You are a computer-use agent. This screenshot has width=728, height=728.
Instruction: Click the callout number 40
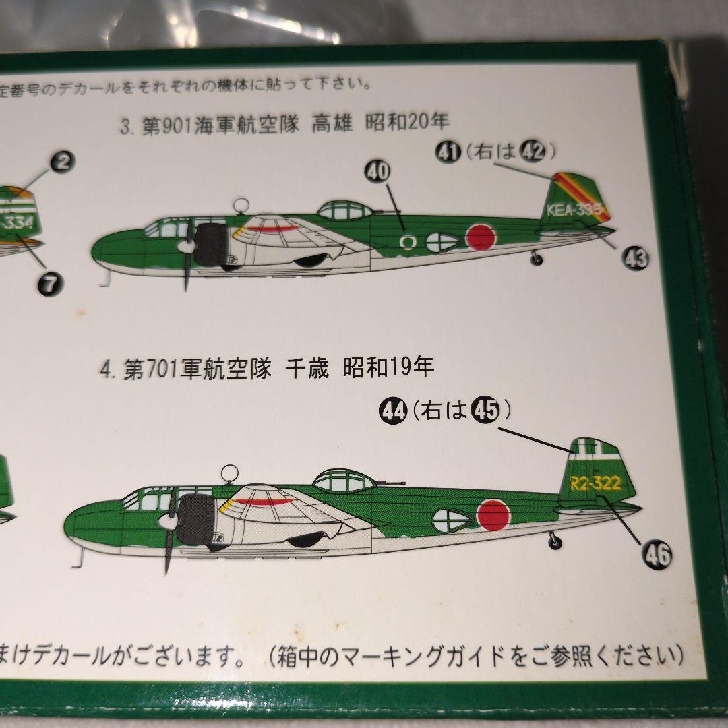coord(377,172)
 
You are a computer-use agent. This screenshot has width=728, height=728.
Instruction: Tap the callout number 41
coord(444,152)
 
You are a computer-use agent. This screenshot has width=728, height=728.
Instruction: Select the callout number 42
coord(533,152)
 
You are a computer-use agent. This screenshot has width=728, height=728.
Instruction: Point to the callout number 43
coord(635,257)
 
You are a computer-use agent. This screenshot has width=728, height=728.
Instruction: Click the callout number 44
coord(393,410)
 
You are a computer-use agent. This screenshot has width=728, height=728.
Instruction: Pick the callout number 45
coord(483,410)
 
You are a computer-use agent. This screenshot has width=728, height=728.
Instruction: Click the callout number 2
coord(63,162)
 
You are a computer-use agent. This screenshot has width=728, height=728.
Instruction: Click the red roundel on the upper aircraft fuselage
coord(481,237)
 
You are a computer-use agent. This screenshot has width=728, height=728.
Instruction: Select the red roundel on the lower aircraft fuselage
coord(493,515)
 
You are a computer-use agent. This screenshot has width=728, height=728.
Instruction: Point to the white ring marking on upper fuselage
coord(407,241)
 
